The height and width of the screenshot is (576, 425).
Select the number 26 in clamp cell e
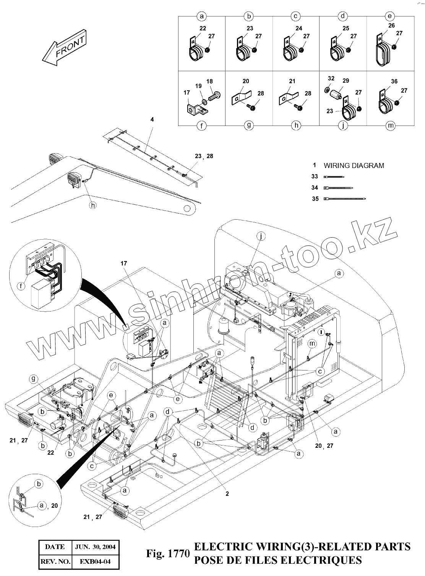click(391, 26)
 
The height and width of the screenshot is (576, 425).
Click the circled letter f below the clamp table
click(202, 126)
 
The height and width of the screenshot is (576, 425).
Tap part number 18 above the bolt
click(209, 82)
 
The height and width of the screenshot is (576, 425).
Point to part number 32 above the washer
click(331, 78)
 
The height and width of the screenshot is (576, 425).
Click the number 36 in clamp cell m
click(394, 81)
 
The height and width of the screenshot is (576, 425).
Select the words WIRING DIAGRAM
click(354, 166)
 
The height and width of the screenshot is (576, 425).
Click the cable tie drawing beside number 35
click(344, 199)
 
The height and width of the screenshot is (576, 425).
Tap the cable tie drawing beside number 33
click(334, 177)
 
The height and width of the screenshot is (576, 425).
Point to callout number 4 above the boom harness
click(152, 120)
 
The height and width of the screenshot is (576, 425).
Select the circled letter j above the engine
click(261, 237)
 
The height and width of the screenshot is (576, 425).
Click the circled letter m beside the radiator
click(312, 344)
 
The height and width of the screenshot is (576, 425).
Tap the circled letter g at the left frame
click(34, 379)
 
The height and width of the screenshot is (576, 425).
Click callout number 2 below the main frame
click(227, 494)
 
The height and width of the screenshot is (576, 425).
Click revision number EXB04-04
click(95, 561)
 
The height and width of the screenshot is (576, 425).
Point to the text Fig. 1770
click(167, 553)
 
